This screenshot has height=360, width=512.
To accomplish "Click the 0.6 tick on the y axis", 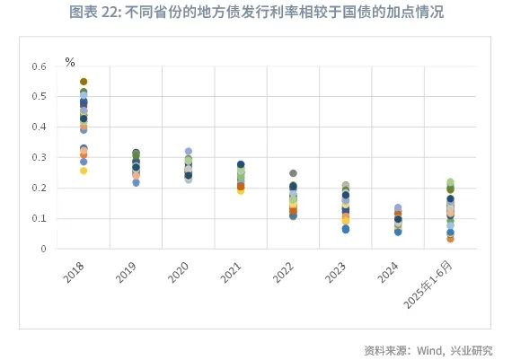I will [40, 66].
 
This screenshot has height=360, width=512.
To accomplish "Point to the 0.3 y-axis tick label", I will [40, 158].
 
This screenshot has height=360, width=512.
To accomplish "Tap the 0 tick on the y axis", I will [43, 249].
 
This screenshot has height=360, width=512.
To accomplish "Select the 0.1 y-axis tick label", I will [40, 218].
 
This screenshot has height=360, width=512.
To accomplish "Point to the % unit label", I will [70, 62].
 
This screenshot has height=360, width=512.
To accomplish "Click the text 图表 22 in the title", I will [94, 13].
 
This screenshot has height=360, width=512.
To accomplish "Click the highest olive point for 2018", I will [84, 82].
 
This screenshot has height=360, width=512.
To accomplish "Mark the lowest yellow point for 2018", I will [84, 171].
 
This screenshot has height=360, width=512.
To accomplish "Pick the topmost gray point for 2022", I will [293, 173].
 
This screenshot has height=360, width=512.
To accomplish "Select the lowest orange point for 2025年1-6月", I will [450, 239].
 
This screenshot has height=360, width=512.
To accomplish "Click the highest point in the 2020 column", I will [188, 152].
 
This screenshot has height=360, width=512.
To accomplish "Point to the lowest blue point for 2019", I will [136, 182].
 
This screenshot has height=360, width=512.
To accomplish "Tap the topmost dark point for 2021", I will [241, 165].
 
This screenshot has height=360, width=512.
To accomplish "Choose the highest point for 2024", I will [398, 208].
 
